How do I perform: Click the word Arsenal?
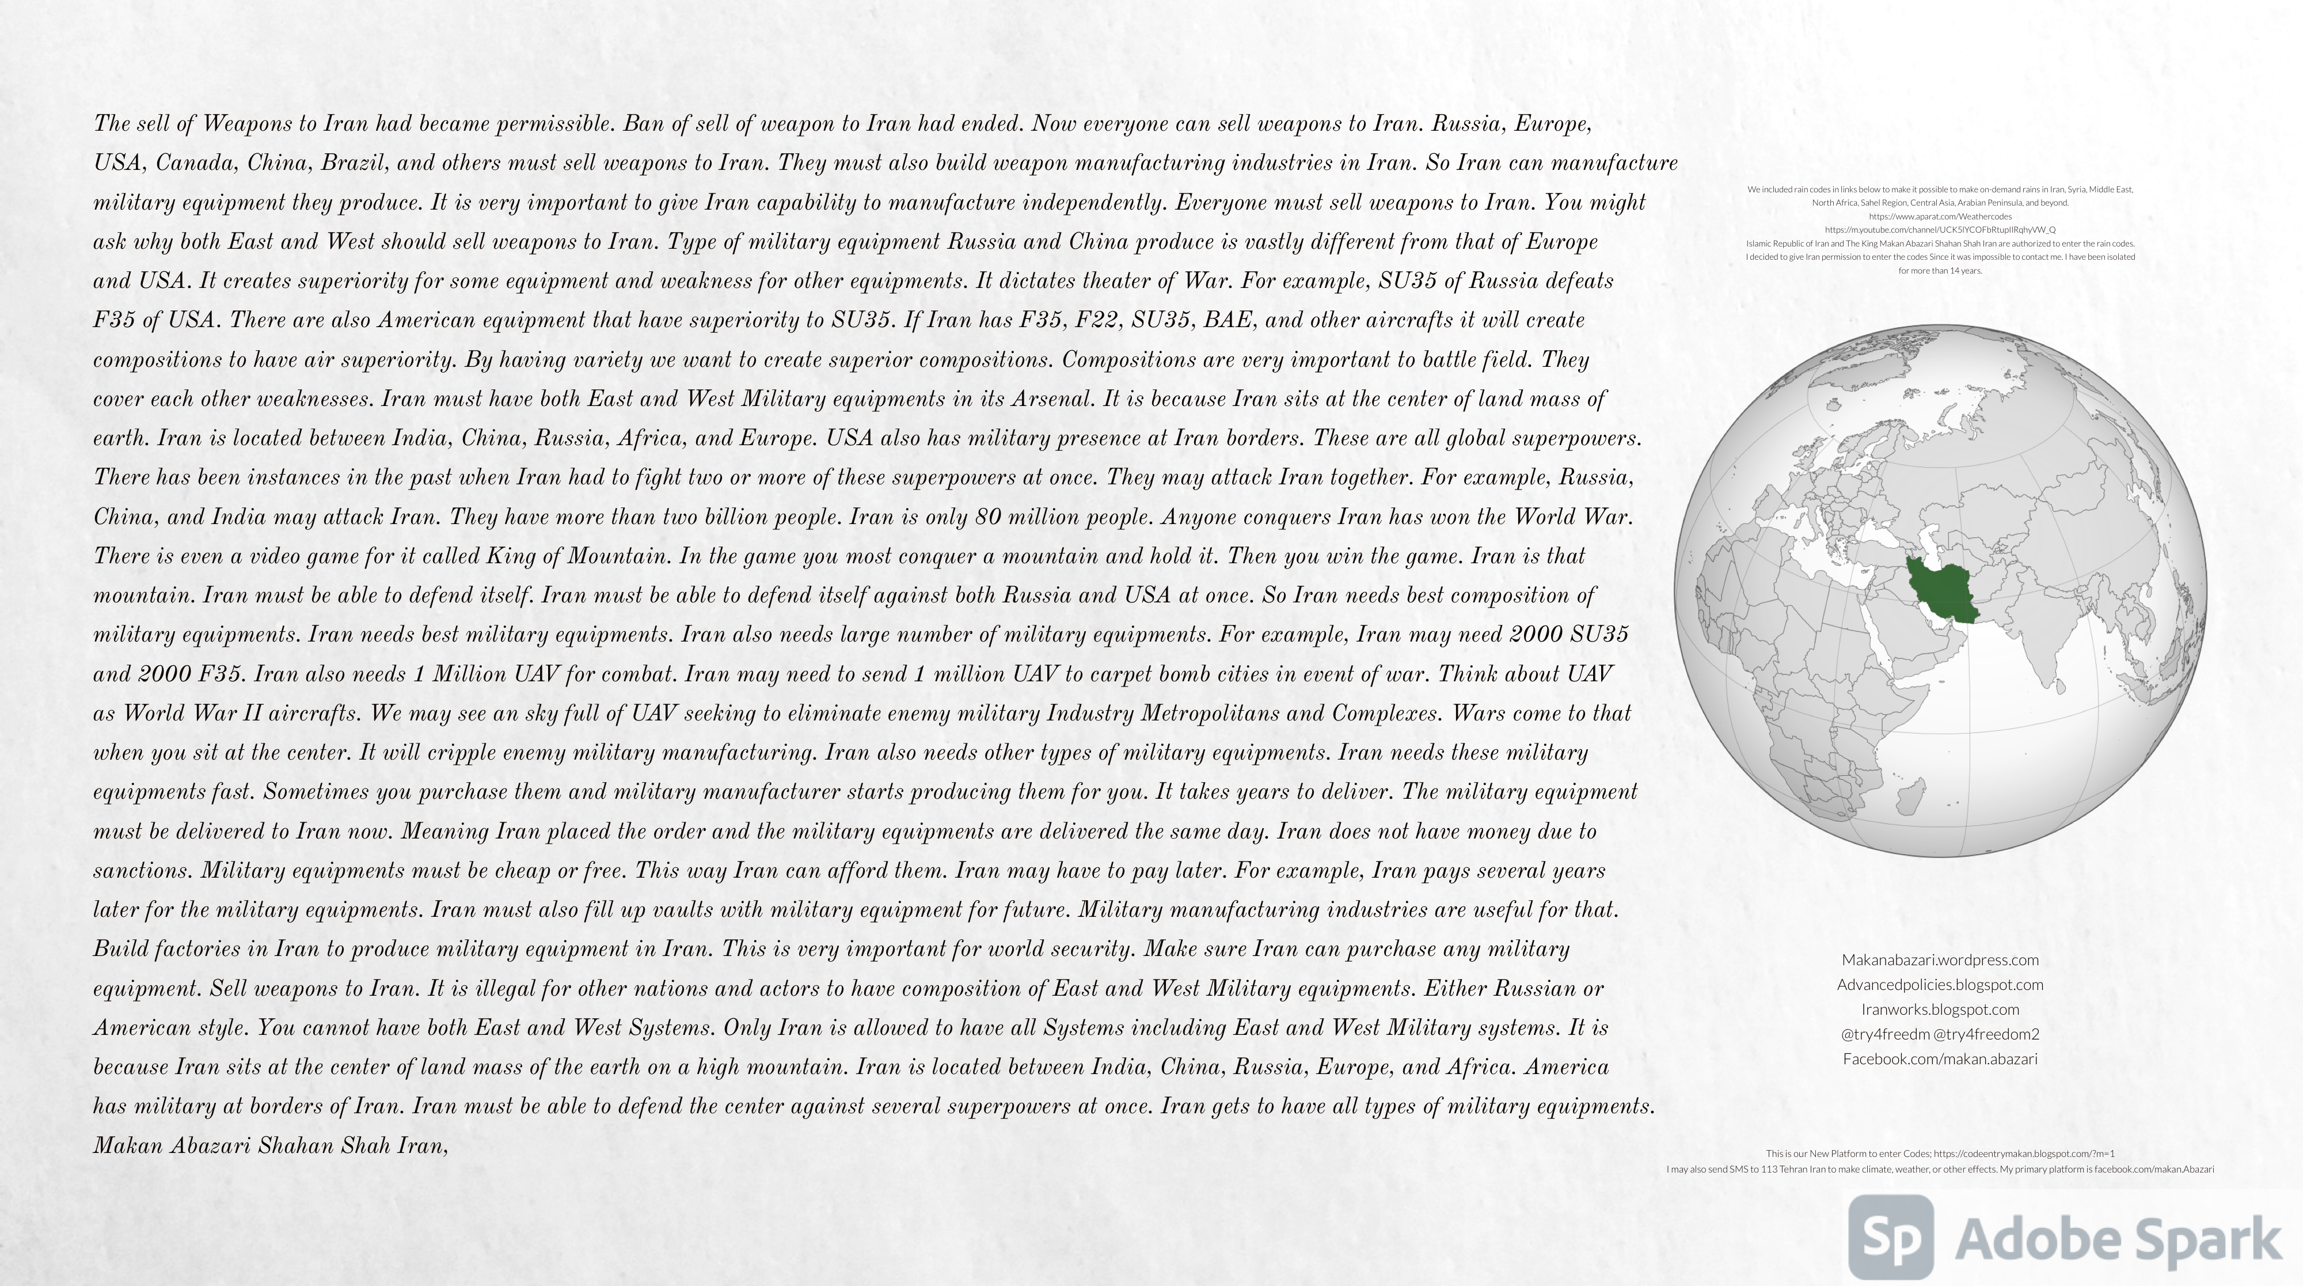pyautogui.click(x=1051, y=400)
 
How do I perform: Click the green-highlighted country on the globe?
pyautogui.click(x=1940, y=590)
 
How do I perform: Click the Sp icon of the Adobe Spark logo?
pyautogui.click(x=1891, y=1238)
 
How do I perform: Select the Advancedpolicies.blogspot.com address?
pyautogui.click(x=1940, y=985)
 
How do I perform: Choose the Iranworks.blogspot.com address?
pyautogui.click(x=1940, y=1010)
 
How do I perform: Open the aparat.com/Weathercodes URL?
pyautogui.click(x=1940, y=217)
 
